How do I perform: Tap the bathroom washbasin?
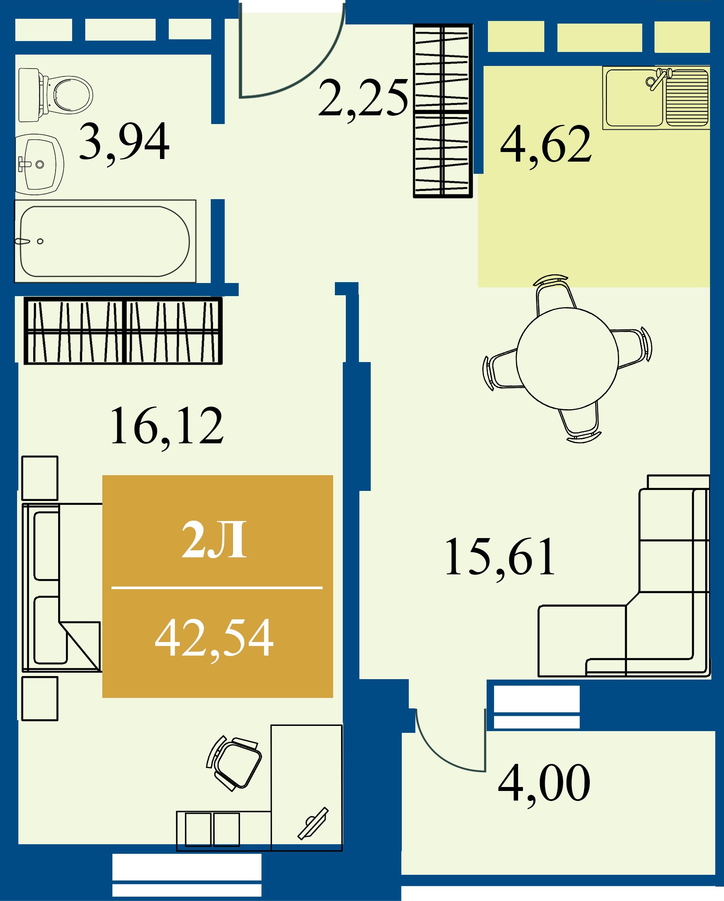(x=39, y=164)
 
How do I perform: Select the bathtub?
(x=105, y=241)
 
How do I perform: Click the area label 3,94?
(x=124, y=142)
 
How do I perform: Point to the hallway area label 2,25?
(x=363, y=99)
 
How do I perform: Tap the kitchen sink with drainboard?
(x=656, y=98)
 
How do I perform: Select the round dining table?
(x=567, y=359)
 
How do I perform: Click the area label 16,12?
(x=167, y=426)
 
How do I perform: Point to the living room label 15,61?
(x=500, y=558)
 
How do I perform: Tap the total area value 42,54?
(x=214, y=639)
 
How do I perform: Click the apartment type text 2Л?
(x=214, y=540)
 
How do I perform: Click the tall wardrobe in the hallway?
(x=443, y=111)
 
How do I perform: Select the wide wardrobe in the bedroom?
(x=123, y=331)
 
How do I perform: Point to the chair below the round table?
(x=579, y=424)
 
